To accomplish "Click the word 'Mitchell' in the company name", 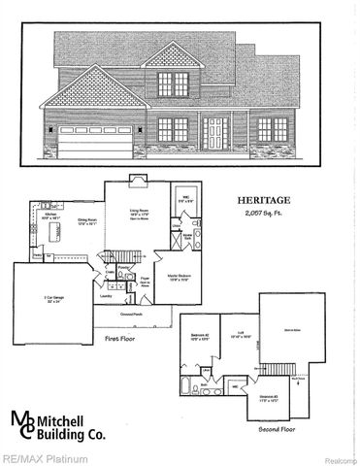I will pyautogui.click(x=91, y=420).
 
